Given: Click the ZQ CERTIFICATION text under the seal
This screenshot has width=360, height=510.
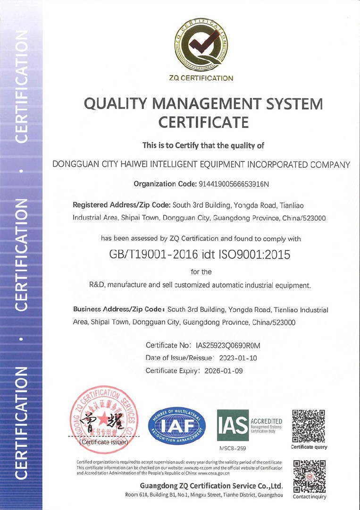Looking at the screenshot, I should [201, 78].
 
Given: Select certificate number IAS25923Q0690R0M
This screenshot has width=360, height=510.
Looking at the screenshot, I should [228, 346].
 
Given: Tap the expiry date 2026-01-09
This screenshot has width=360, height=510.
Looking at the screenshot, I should [224, 371].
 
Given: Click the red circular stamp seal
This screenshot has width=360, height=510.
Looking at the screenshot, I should [104, 416].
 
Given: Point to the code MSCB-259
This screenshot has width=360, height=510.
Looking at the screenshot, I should [233, 448].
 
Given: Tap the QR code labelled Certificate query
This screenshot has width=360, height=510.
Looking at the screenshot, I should [309, 426].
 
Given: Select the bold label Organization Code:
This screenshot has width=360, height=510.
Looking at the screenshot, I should [164, 184].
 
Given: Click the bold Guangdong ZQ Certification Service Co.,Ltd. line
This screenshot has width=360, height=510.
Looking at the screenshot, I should [211, 486].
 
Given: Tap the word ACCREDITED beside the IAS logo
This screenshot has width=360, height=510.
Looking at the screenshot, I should [267, 421].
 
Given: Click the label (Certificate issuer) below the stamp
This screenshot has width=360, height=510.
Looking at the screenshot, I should [104, 443].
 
